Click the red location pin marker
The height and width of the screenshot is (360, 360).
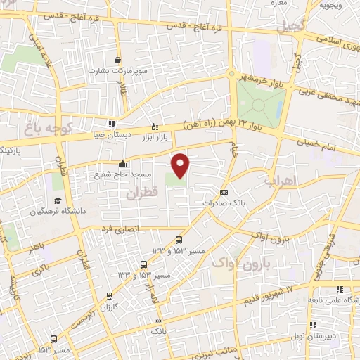tap(181, 165)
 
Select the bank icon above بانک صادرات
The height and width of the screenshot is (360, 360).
tap(224, 192)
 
